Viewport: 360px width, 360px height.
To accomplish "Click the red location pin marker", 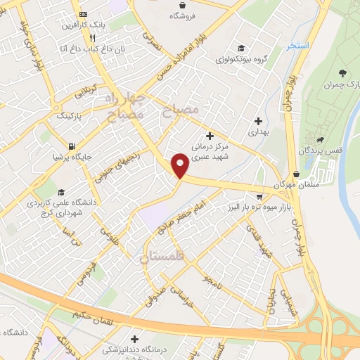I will tap(181, 165).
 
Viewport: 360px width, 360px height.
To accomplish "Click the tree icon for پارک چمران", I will tap(343, 72).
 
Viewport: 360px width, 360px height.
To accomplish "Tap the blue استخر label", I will tap(297, 45).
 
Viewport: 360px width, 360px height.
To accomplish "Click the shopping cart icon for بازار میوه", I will tap(259, 196).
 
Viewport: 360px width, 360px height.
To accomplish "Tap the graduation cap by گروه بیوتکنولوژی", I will tap(241, 48).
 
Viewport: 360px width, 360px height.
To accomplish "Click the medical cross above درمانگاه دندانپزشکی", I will tap(134, 338).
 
